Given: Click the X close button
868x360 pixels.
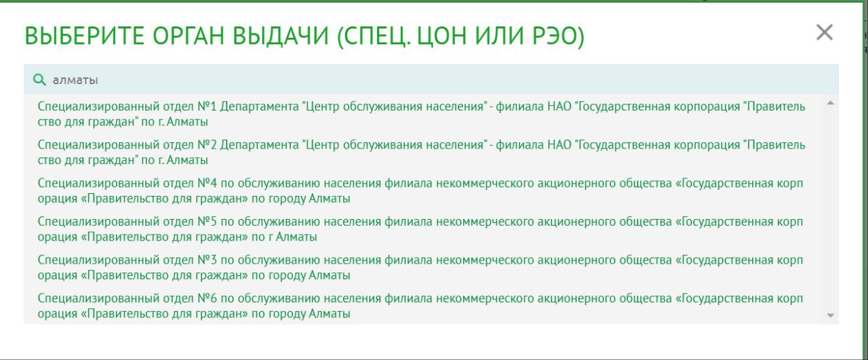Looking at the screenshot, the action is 824,32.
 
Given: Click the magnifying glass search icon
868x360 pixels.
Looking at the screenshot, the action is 39,80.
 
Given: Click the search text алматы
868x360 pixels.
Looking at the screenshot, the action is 75,80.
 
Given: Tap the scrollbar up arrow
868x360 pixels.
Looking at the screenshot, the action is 830,103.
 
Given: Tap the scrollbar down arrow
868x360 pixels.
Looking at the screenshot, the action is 830,315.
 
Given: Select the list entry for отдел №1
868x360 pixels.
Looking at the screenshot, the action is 421,114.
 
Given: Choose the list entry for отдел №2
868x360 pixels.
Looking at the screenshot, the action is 421,153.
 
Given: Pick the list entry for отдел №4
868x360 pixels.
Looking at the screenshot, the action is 420,191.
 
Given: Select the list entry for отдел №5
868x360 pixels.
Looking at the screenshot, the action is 420,229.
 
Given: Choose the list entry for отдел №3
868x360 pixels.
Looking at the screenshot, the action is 420,267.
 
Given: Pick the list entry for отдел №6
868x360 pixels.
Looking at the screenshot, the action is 420,306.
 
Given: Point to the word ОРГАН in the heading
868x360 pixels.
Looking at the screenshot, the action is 189,36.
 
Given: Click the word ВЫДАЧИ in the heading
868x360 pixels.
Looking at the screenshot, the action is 281,36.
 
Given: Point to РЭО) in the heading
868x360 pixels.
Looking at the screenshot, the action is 557,37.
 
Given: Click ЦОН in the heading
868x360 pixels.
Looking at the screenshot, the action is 442,37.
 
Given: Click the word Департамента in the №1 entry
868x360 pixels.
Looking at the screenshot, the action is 260,106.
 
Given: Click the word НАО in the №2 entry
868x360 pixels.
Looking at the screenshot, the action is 559,144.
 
